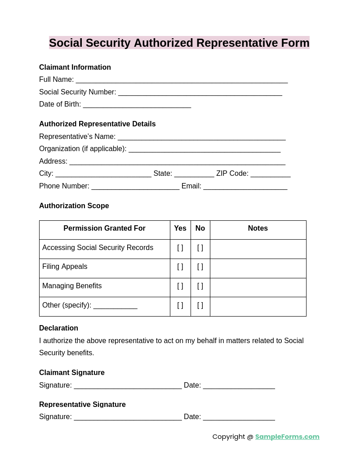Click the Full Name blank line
(182, 80)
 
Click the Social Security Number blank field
(200, 93)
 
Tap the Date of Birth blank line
(137, 105)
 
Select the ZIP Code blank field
(271, 174)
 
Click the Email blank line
(245, 187)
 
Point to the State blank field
(194, 174)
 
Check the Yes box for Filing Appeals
(180, 267)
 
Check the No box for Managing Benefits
(200, 286)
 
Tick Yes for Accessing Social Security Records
(180, 248)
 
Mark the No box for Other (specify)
(200, 305)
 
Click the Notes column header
(258, 228)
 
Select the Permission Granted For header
(104, 228)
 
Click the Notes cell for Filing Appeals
(258, 268)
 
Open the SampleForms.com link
(287, 437)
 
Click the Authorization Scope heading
(74, 206)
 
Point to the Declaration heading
(58, 328)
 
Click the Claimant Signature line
(128, 386)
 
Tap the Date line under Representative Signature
(239, 417)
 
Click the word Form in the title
(295, 43)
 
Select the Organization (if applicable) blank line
(204, 149)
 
